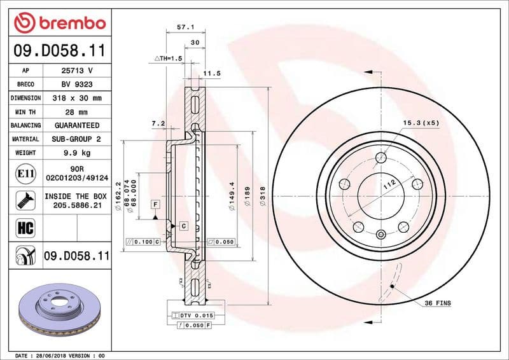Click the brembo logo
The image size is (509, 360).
click(60, 24)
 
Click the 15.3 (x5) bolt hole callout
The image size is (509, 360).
click(421, 122)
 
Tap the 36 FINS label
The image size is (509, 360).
click(437, 303)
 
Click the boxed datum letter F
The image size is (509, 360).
click(154, 204)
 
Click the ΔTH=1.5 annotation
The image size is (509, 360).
click(168, 58)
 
